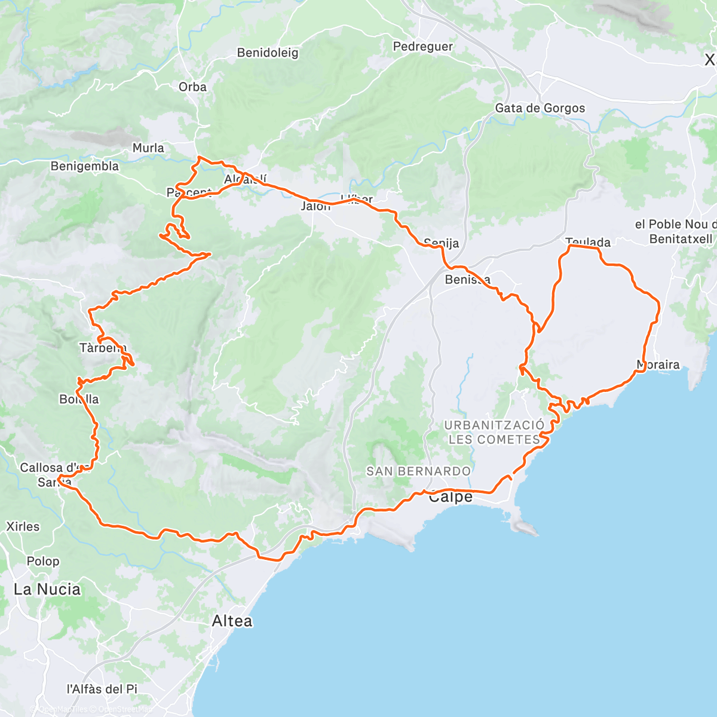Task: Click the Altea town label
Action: click(x=232, y=621)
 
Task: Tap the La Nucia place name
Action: click(x=47, y=589)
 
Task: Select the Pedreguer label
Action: click(x=422, y=47)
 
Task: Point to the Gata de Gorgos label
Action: click(x=540, y=108)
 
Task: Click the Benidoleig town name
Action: click(x=267, y=53)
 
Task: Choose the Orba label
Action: click(x=192, y=87)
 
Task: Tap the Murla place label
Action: click(x=148, y=148)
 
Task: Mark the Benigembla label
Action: click(x=84, y=166)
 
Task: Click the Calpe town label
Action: click(x=451, y=497)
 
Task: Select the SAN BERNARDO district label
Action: click(x=418, y=471)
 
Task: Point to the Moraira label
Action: click(x=658, y=364)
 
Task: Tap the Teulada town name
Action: click(x=588, y=242)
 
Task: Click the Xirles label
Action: click(x=23, y=526)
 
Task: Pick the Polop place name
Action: click(x=43, y=561)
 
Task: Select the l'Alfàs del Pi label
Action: click(x=102, y=689)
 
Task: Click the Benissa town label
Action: click(x=468, y=280)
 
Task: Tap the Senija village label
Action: click(x=441, y=243)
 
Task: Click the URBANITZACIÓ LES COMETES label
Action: click(x=494, y=432)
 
